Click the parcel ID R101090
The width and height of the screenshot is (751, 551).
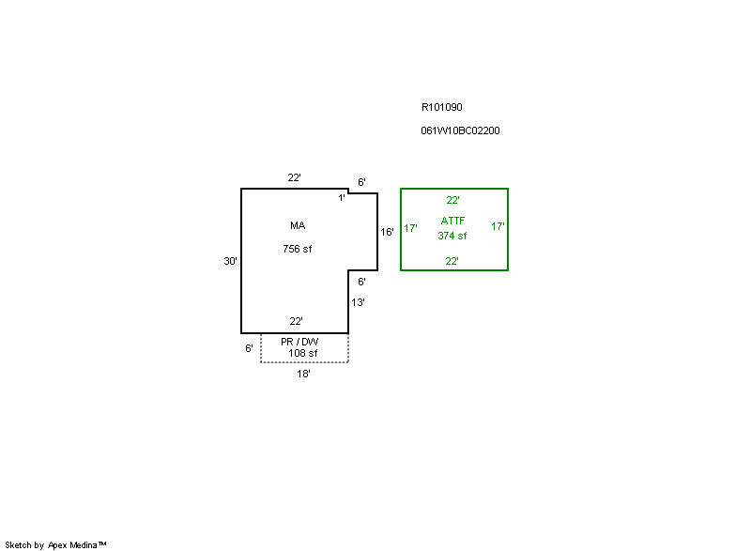441,107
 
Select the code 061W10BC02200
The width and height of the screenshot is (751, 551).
460,130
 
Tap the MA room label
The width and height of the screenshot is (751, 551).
298,225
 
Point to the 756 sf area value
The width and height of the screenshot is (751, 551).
298,249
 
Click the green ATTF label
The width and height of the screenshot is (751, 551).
452,221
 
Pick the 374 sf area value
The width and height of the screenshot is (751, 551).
452,236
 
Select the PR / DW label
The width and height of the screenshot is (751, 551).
299,342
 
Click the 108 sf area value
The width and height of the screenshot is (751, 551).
303,353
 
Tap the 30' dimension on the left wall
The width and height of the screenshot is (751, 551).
230,261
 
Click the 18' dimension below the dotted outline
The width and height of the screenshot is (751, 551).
303,374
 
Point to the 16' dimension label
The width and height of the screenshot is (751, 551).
387,231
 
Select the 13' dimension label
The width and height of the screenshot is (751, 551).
358,302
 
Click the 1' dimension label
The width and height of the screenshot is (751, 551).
342,197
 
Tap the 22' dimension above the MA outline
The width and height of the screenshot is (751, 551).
294,177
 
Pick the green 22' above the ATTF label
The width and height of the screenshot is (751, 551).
452,200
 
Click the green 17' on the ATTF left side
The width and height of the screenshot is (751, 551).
410,227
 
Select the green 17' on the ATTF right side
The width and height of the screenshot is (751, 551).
498,226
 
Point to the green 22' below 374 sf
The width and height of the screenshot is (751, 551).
452,261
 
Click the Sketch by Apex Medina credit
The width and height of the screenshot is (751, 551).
55,544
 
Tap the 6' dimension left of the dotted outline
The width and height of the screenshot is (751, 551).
249,348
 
